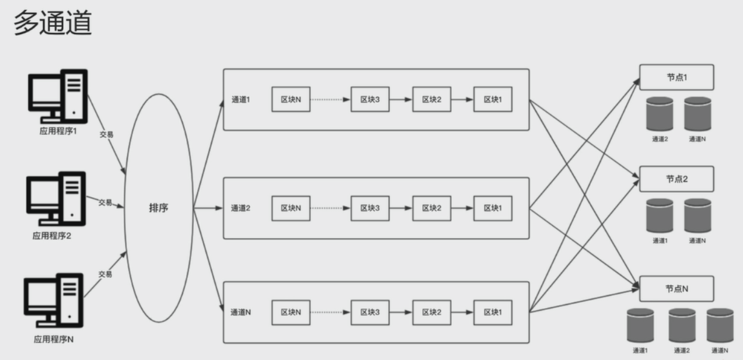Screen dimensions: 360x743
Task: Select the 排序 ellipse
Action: [158, 208]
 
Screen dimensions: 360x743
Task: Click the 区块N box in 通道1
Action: [291, 100]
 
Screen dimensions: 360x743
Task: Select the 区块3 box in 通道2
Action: [370, 208]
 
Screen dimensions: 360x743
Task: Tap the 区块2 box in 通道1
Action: [432, 100]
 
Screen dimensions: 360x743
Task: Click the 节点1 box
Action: [676, 77]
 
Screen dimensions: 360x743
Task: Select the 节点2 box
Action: [676, 179]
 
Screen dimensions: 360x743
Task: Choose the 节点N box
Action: [676, 288]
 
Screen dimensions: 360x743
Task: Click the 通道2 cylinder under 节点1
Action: [660, 114]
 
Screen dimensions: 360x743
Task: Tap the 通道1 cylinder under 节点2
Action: [660, 216]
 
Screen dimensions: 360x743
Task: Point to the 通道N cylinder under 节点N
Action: [720, 325]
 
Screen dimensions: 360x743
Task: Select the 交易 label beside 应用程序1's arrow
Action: [106, 134]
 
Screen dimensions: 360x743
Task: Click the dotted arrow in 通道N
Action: [330, 312]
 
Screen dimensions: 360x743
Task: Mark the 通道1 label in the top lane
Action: [240, 100]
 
